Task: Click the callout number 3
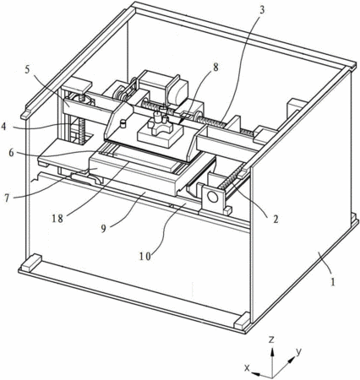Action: point(262,10)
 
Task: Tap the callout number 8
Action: point(215,68)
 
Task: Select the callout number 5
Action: point(27,69)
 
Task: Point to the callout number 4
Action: point(4,127)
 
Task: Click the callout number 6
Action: point(12,154)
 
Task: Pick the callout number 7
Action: point(7,198)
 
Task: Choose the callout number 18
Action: point(57,218)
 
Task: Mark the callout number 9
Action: point(104,229)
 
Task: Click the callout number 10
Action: point(145,256)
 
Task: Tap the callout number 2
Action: point(275,219)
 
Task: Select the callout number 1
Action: point(333,281)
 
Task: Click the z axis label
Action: point(271,339)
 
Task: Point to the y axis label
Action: point(298,351)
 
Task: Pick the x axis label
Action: point(247,367)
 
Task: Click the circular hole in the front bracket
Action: point(213,197)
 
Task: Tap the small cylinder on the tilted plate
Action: point(123,124)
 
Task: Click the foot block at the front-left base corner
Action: point(32,263)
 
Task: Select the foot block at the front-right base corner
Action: point(243,321)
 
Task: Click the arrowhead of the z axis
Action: point(272,352)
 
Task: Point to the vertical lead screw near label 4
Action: point(82,129)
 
